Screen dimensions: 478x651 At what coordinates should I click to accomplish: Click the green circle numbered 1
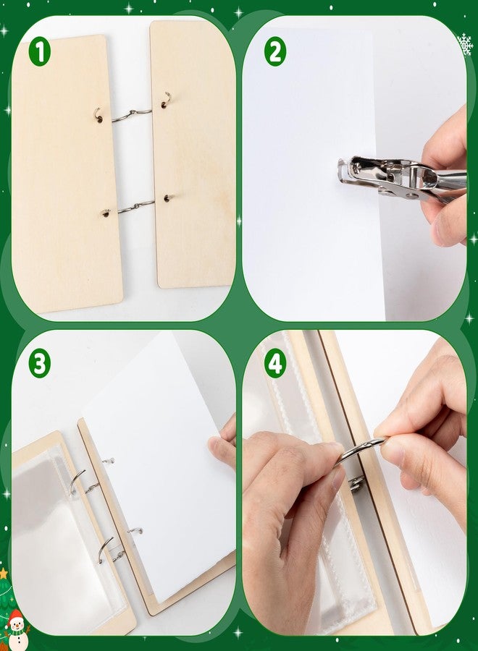tap(40, 53)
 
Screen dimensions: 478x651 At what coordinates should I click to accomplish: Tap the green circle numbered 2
tap(274, 53)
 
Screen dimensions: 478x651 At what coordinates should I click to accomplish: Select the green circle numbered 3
tap(40, 364)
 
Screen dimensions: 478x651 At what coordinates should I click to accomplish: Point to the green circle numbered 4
tap(274, 364)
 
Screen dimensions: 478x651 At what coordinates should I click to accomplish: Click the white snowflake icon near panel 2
tap(465, 44)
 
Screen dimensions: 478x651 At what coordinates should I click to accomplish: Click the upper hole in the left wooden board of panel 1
tap(100, 120)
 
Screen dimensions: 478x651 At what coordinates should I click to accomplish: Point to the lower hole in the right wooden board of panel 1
tap(167, 198)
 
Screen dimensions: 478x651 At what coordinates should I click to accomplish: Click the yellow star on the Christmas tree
tap(4, 574)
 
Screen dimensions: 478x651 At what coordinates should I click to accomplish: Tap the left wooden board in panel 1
tap(67, 174)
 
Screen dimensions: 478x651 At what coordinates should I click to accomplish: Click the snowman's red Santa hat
tap(16, 616)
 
